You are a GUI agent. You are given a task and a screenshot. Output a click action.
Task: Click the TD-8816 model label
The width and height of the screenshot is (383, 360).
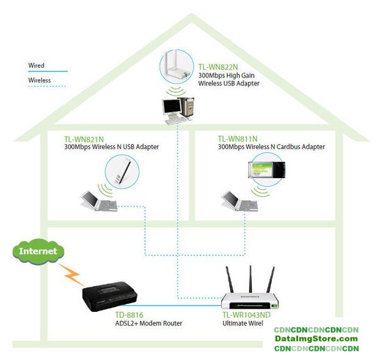(128, 315)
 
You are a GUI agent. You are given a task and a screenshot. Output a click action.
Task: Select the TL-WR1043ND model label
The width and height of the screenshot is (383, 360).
(247, 315)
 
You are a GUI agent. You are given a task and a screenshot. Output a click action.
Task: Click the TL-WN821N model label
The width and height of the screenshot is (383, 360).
(82, 139)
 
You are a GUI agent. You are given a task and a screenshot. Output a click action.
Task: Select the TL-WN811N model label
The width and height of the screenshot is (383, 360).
(238, 139)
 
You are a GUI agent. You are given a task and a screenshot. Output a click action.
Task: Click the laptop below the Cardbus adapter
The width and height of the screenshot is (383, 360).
(238, 201)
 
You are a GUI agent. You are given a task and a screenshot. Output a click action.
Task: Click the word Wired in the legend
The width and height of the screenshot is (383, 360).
(36, 65)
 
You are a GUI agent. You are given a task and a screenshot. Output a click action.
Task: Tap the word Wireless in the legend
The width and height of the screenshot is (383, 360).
(39, 80)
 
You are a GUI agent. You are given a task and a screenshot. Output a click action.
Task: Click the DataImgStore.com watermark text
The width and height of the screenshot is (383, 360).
(316, 339)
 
